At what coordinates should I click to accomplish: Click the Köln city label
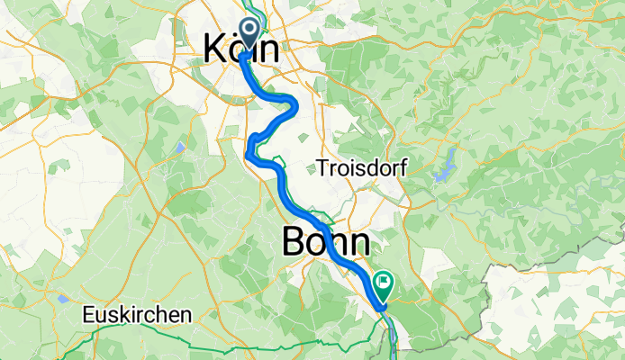coord(240,49)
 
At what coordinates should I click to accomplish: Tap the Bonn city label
coord(325,242)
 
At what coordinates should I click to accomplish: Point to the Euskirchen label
coord(136,315)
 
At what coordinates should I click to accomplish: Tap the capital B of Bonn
coord(296,242)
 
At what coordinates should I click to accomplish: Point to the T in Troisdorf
coord(320,167)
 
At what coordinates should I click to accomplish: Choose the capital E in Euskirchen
coord(86,315)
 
